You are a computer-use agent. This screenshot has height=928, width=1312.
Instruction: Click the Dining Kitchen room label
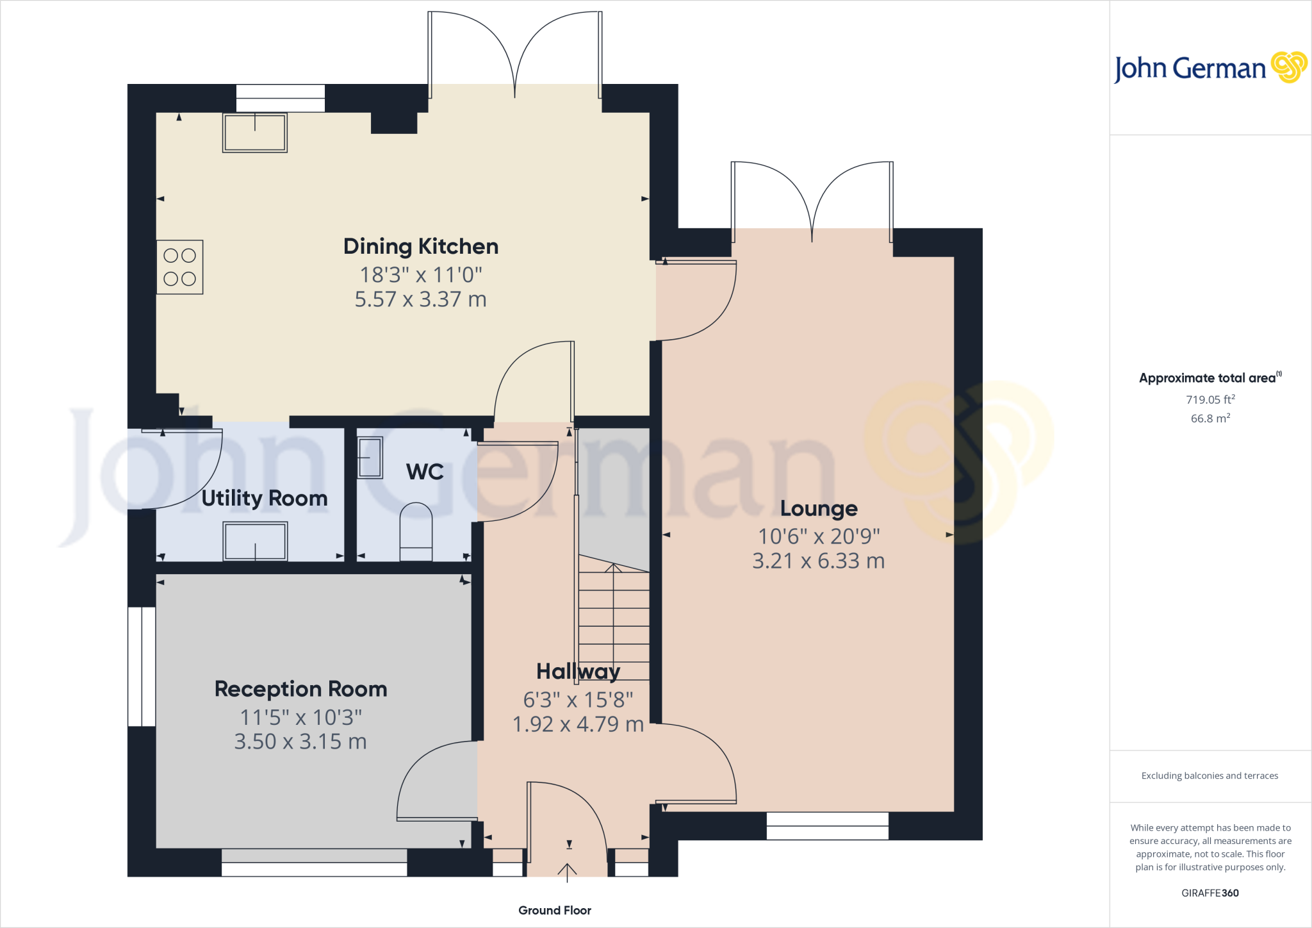421,247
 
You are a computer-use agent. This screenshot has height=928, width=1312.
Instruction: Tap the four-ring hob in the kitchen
180,267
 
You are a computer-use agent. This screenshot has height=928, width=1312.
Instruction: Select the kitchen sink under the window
255,133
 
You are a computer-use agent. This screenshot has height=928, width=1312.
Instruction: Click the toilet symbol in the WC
416,532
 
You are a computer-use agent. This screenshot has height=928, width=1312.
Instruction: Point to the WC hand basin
370,458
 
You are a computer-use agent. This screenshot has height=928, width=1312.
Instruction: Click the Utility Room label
264,499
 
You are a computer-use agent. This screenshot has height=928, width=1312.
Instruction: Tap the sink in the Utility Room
255,542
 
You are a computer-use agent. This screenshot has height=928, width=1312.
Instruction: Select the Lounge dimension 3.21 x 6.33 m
818,561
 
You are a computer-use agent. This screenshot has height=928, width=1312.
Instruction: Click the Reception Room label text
300,689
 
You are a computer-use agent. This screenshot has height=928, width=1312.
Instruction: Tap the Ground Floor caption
554,911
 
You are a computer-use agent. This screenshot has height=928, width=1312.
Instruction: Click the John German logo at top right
1209,68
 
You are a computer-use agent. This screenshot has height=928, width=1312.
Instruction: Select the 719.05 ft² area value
1210,400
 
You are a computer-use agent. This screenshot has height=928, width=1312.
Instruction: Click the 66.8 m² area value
1210,418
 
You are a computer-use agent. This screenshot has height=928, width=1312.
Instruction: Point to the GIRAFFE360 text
1209,893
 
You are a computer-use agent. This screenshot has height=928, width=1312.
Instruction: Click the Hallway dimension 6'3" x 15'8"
578,700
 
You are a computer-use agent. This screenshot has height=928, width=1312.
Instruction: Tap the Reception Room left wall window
142,667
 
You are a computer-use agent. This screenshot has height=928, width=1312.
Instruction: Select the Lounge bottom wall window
827,826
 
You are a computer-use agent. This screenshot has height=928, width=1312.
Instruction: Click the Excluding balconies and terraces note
1209,776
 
